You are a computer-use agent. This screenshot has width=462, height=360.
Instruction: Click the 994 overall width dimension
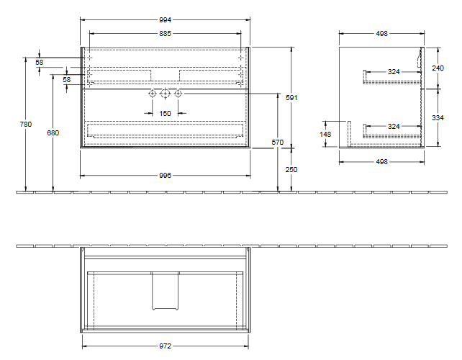point(165,21)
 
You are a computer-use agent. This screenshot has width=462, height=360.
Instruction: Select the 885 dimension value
point(165,33)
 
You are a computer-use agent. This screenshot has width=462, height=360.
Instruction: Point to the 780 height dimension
point(26,124)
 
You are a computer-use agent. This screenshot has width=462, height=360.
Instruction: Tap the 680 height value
point(53,132)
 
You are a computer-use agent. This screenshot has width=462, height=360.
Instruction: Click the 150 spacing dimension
point(165,113)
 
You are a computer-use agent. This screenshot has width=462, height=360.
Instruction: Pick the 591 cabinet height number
point(291,97)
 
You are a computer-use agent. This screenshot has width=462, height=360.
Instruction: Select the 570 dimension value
point(277,142)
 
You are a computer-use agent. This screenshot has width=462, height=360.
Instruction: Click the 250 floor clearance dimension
point(291,170)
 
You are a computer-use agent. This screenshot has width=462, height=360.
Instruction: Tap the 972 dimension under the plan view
point(165,346)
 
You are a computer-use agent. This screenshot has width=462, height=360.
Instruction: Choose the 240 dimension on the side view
point(438,68)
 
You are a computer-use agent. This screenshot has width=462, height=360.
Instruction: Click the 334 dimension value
point(438,117)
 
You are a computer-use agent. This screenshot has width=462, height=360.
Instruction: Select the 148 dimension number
point(326,133)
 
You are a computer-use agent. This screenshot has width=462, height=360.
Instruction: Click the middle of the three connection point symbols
point(165,94)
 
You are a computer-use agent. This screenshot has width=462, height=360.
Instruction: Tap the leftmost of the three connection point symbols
point(152,94)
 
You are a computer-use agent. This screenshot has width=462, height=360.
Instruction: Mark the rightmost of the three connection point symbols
point(178,94)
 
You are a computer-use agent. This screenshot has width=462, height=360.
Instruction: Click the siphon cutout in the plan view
point(165,291)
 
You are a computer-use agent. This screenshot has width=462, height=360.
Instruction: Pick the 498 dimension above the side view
point(382,33)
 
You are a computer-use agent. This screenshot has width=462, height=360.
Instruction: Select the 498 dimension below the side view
point(382,162)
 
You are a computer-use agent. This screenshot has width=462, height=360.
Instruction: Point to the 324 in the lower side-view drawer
point(393,126)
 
